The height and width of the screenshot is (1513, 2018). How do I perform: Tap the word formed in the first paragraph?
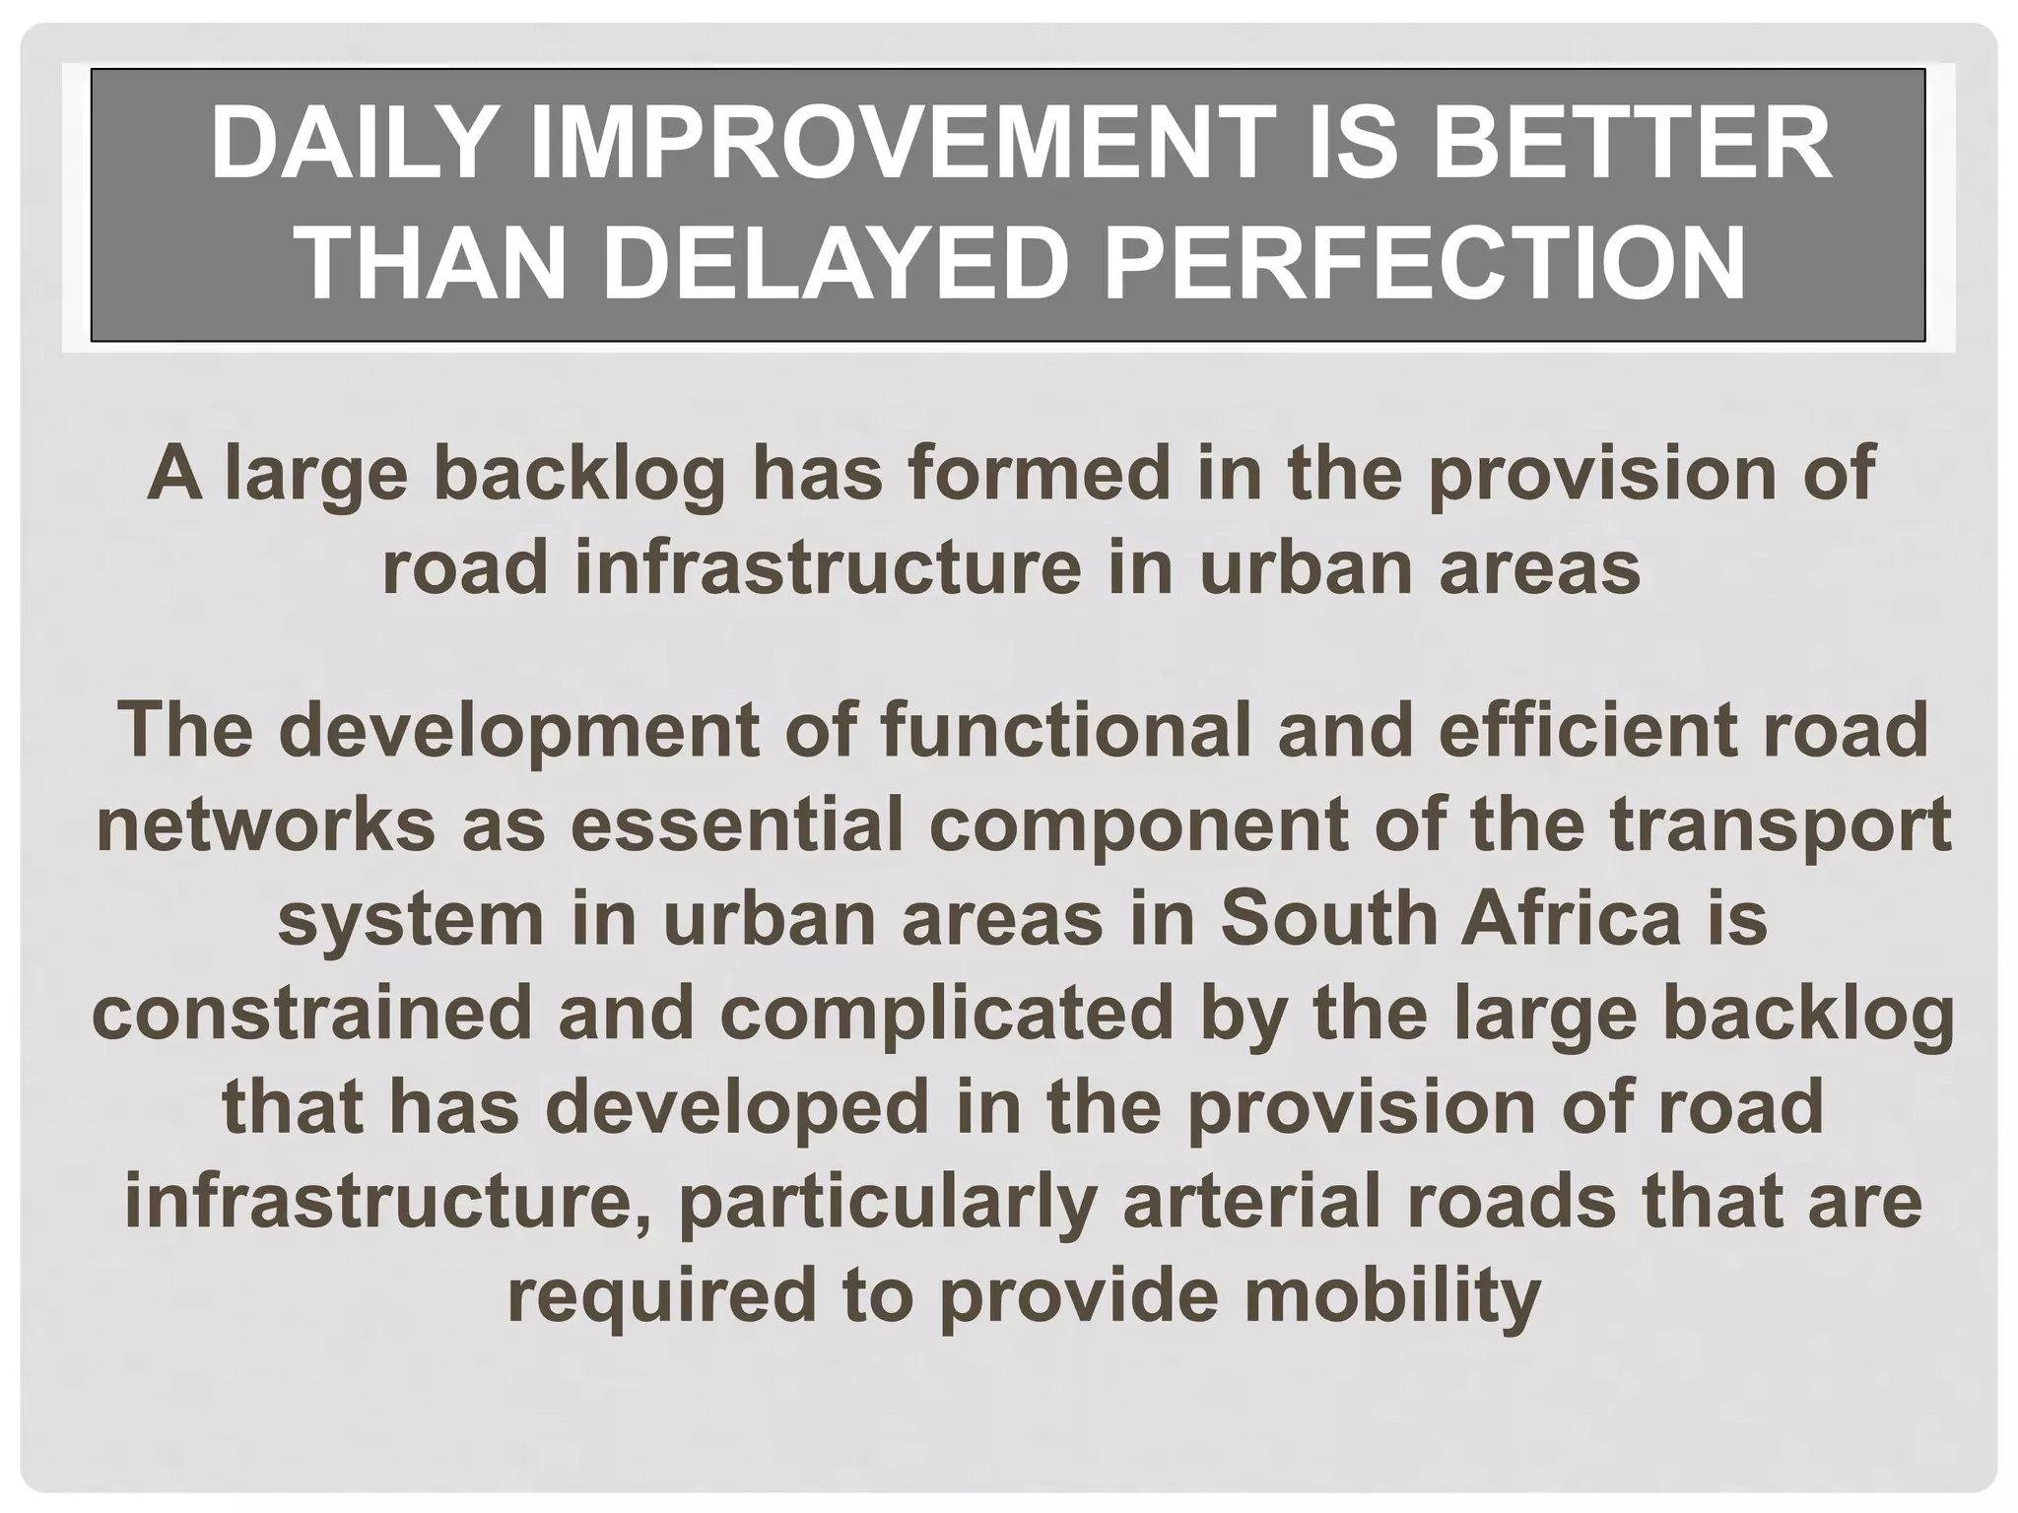coord(1037,475)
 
